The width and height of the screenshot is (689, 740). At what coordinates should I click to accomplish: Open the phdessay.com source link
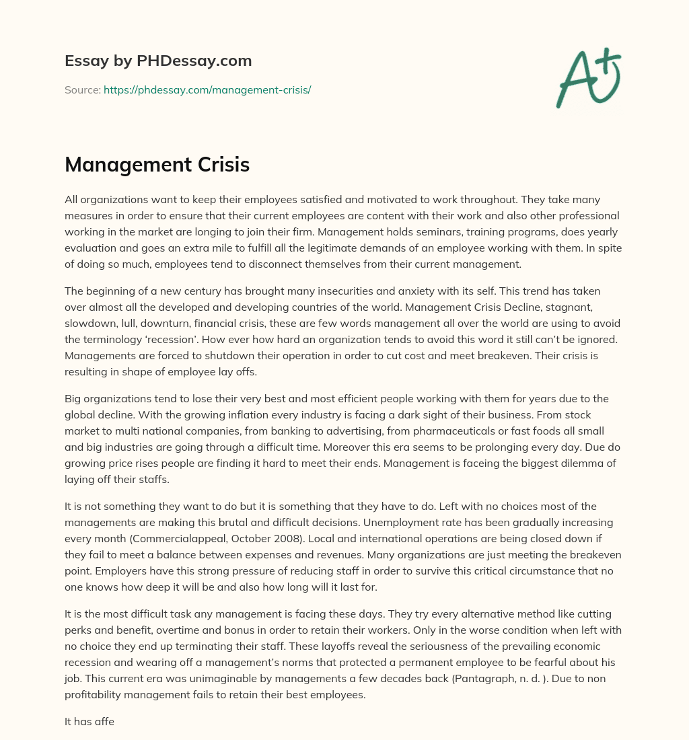207,89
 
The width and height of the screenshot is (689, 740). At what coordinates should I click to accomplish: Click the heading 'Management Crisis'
157,165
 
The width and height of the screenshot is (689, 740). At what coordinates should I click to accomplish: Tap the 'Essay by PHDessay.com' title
158,61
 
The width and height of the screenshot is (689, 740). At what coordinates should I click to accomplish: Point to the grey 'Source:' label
83,89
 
